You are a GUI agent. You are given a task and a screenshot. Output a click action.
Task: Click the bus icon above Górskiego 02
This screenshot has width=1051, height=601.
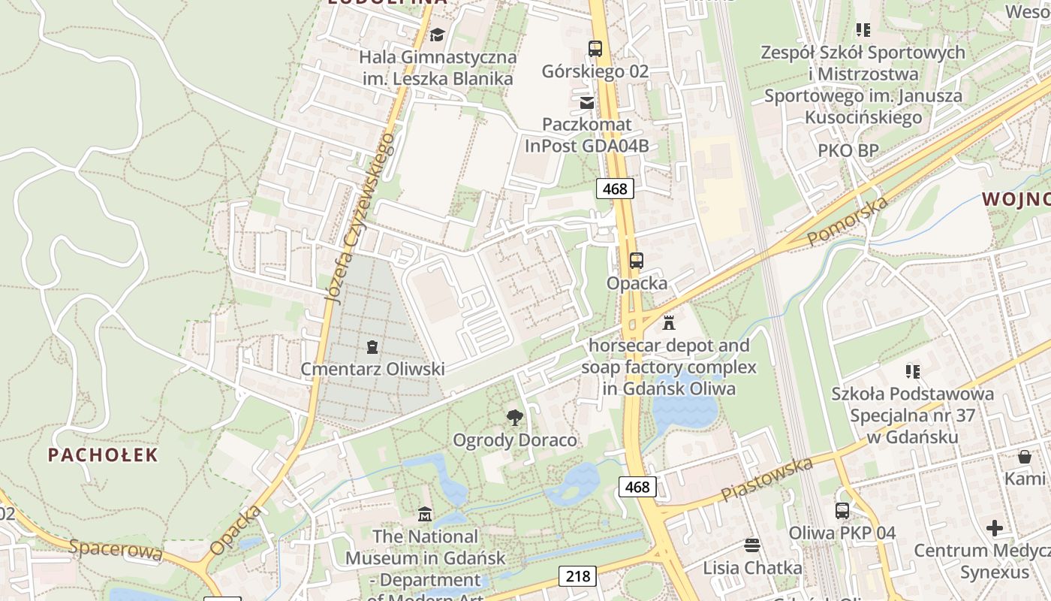click(x=595, y=49)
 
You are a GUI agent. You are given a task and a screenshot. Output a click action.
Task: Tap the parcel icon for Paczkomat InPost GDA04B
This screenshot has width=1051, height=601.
click(x=587, y=102)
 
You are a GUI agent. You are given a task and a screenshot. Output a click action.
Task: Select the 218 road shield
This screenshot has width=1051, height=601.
click(x=577, y=576)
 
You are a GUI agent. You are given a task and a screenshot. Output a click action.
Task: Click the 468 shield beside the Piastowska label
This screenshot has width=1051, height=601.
click(x=637, y=487)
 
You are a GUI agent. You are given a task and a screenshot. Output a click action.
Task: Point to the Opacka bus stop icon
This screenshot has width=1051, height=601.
click(x=637, y=261)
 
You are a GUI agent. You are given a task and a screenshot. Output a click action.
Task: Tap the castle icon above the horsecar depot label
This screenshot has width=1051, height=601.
click(x=669, y=323)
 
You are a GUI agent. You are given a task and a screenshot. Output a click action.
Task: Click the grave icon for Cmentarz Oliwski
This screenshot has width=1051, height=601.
click(x=372, y=346)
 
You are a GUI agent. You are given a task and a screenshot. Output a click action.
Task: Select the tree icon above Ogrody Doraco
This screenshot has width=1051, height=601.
click(x=514, y=418)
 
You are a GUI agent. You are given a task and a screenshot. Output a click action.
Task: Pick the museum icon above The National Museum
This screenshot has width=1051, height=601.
click(x=425, y=515)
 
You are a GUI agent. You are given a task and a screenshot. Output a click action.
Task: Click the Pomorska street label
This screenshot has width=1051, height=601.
click(x=848, y=220)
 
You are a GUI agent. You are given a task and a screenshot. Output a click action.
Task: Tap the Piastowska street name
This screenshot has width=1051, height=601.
click(x=766, y=479)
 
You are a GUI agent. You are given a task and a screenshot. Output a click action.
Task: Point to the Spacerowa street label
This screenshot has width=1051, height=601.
click(x=116, y=548)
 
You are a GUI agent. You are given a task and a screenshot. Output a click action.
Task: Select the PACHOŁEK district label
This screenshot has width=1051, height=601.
click(x=104, y=455)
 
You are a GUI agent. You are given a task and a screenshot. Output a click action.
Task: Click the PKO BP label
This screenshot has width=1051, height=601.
click(x=848, y=150)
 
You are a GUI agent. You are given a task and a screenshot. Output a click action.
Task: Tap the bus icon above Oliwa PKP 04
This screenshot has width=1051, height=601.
click(x=842, y=511)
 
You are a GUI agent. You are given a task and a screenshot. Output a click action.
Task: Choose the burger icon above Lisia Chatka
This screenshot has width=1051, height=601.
click(x=752, y=545)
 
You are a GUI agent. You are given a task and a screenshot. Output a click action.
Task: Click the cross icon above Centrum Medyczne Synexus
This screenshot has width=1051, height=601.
click(x=995, y=528)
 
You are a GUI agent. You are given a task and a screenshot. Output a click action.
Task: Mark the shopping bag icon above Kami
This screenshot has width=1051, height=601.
click(x=1025, y=456)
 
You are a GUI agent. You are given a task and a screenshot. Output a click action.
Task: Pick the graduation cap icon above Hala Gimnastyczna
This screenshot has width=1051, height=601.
click(x=437, y=35)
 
